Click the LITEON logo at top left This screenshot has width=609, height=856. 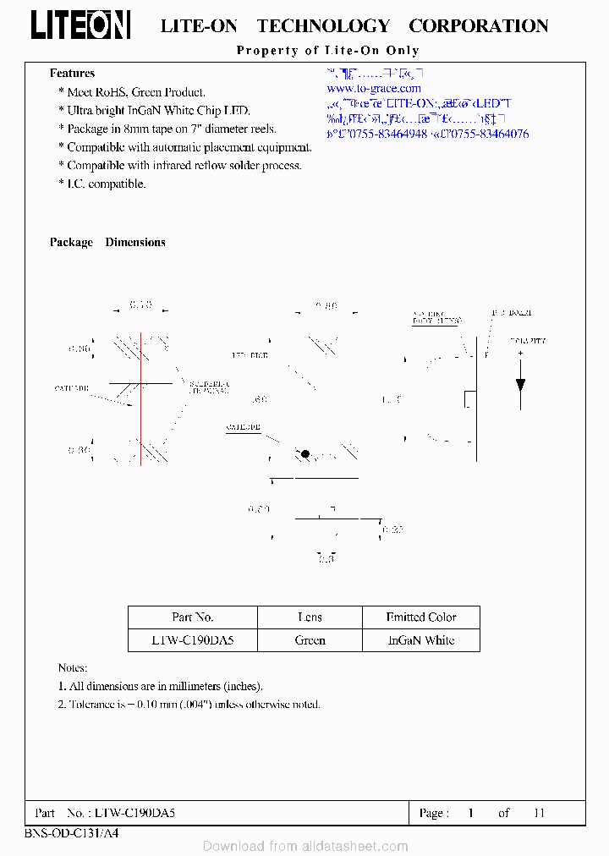[x=80, y=25]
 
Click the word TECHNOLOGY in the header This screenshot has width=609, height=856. [x=323, y=26]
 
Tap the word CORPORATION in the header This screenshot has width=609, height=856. [x=478, y=26]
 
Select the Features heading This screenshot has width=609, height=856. [x=72, y=74]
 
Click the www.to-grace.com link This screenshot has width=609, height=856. [x=373, y=88]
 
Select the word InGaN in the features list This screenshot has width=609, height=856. [x=149, y=111]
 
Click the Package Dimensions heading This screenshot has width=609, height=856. [x=107, y=242]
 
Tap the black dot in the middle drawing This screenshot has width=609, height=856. [x=305, y=454]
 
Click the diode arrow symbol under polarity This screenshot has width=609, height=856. [x=520, y=384]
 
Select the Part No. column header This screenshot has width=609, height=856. [x=193, y=617]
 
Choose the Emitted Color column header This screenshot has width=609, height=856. [x=420, y=617]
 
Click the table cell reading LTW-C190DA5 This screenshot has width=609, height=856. [x=192, y=640]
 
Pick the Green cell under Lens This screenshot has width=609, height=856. [x=310, y=640]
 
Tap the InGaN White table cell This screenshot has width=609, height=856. [x=420, y=640]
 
